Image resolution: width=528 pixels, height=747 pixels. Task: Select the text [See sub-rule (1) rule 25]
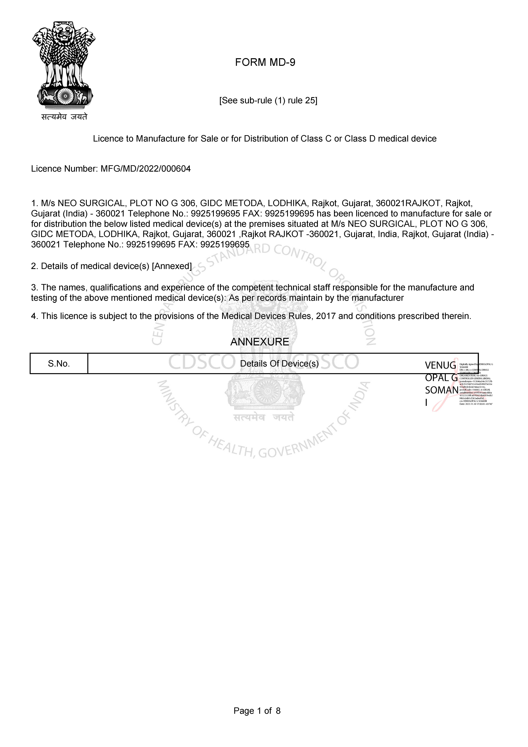coord(268,101)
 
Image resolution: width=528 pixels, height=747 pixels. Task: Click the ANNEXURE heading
coord(260,342)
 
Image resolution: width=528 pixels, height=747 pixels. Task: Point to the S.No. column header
coord(59,364)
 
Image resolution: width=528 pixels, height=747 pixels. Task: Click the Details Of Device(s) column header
coord(279,364)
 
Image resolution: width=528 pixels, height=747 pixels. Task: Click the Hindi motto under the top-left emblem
coord(64,117)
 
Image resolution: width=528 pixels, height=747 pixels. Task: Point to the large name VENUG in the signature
coord(441,365)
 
